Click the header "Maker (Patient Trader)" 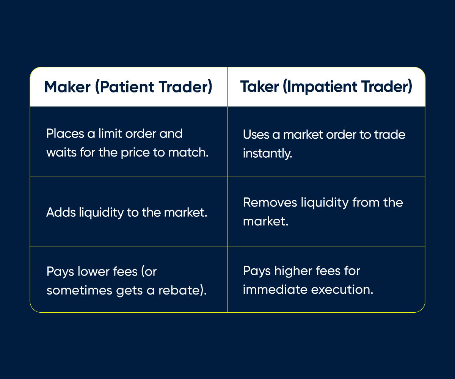(128, 87)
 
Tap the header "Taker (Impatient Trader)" (326, 87)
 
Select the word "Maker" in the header (67, 87)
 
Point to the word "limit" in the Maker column (108, 134)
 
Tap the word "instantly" (267, 153)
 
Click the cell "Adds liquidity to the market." (127, 212)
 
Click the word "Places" (61, 134)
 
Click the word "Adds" (60, 212)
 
